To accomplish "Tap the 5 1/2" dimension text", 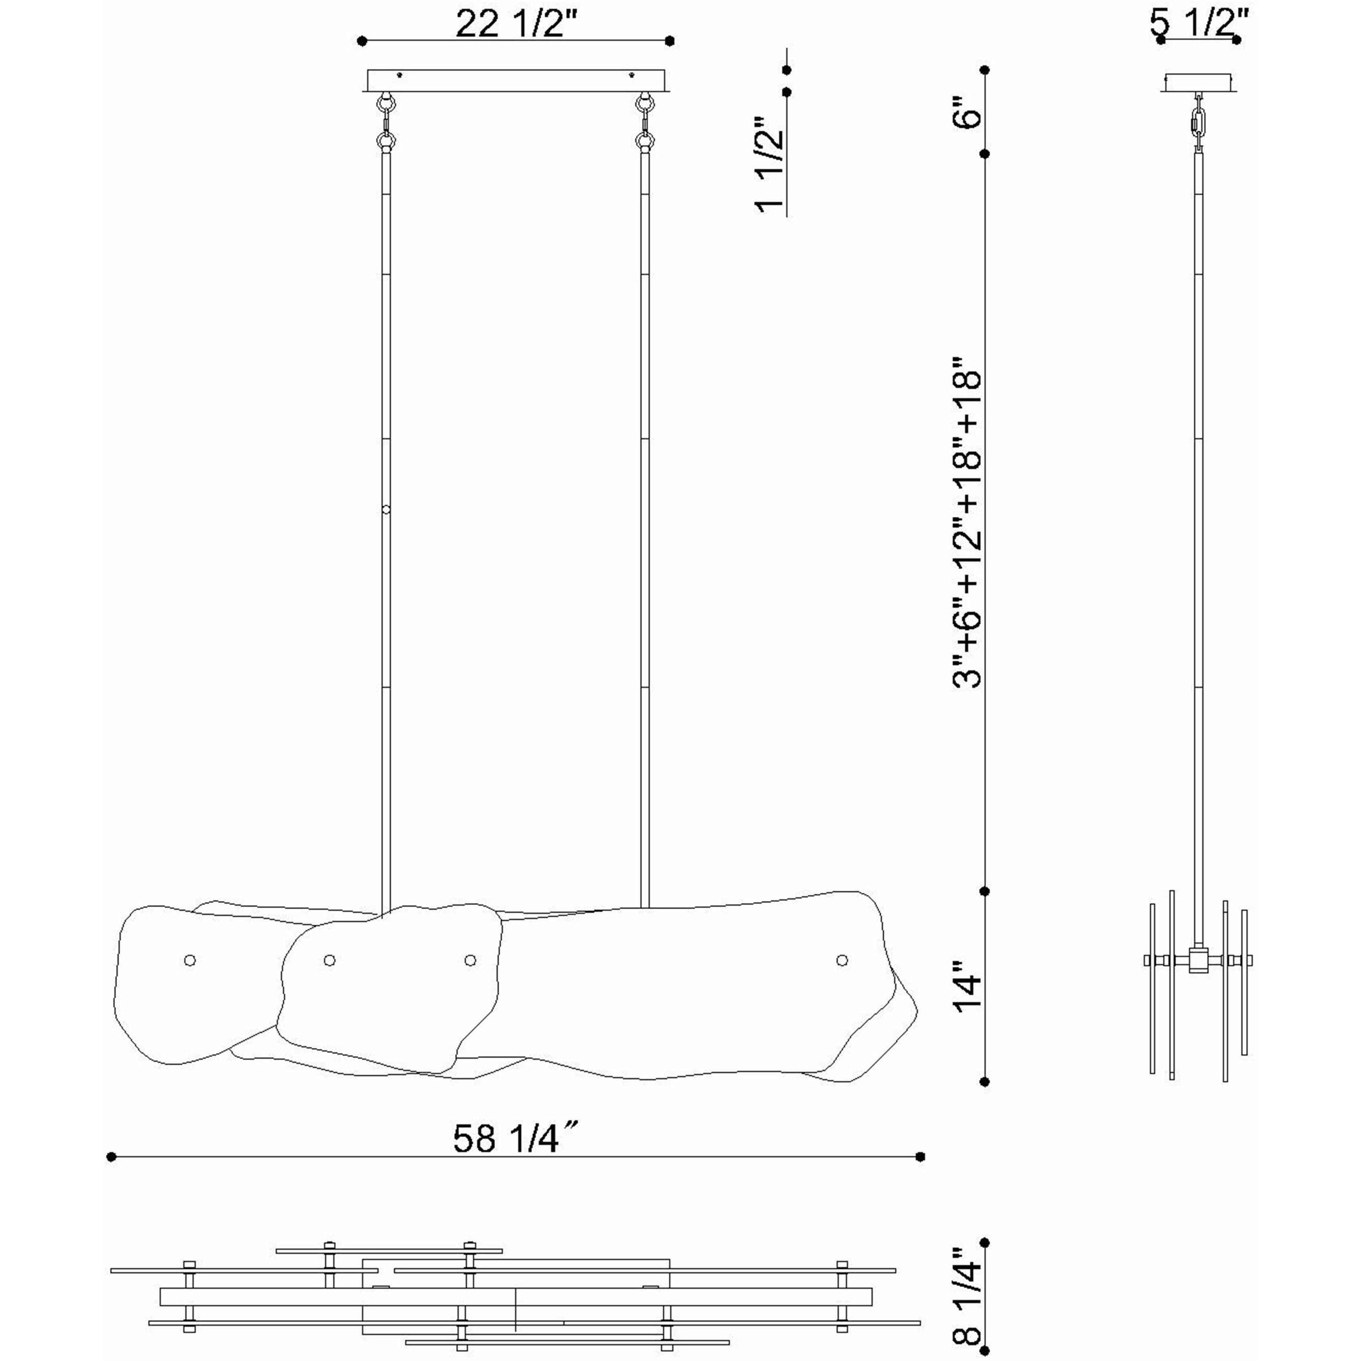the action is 1199,23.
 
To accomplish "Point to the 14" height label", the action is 968,993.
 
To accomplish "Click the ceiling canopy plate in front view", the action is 516,80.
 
